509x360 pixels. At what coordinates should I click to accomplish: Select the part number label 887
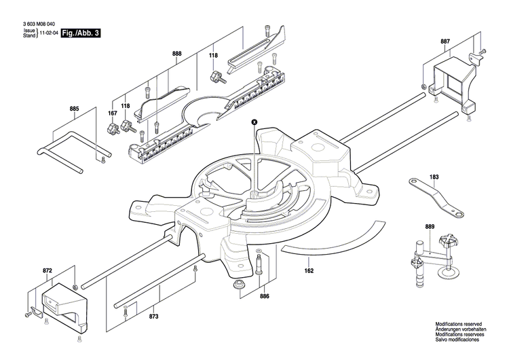[445, 41]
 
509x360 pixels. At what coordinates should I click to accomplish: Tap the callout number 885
[74, 108]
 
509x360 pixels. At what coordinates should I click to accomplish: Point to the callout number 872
[47, 270]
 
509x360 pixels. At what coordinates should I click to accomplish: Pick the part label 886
[264, 296]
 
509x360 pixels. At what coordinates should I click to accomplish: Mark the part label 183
[434, 177]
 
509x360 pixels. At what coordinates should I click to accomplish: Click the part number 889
[430, 226]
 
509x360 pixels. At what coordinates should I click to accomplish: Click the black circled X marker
[254, 122]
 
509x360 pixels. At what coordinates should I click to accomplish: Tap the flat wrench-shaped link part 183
[434, 197]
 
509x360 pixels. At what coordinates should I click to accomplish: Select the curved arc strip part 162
[339, 241]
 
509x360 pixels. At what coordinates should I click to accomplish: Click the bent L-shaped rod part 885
[75, 143]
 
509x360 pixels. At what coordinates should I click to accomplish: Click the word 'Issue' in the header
[29, 31]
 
